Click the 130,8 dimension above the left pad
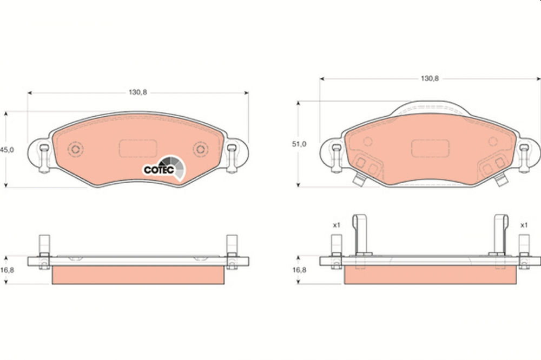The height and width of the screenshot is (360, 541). click(x=138, y=92)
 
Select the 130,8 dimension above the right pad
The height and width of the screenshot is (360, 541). click(x=430, y=78)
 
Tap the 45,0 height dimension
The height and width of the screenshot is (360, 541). click(x=7, y=150)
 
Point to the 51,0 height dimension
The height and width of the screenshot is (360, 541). click(x=299, y=144)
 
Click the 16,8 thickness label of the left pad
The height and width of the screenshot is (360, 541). click(x=7, y=270)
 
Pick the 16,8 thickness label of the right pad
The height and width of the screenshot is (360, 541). click(x=299, y=270)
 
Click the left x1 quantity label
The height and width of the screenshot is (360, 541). click(x=337, y=225)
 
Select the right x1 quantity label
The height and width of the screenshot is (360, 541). click(x=524, y=225)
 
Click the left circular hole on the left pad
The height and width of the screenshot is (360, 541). click(x=76, y=149)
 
